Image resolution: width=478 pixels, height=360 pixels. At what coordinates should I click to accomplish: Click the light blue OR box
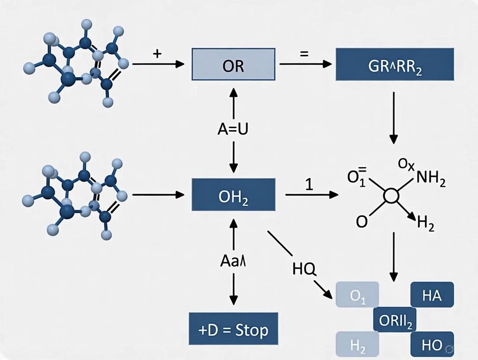[233, 64]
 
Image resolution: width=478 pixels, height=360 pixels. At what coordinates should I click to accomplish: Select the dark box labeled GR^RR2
[395, 64]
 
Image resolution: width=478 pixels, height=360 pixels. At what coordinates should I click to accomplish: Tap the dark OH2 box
[233, 195]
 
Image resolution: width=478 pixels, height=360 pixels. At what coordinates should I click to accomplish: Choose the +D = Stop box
[233, 330]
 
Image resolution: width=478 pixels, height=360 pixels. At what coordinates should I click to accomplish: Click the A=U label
[233, 130]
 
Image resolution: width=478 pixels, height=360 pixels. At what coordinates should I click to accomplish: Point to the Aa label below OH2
[233, 262]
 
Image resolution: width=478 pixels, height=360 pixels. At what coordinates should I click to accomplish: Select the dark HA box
[431, 296]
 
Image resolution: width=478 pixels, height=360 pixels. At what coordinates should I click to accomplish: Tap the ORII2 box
[394, 320]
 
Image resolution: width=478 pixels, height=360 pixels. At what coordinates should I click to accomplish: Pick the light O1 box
[357, 298]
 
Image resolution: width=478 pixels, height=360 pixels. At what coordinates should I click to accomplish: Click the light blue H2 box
[357, 345]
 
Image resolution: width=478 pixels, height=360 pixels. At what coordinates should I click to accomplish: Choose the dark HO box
[432, 345]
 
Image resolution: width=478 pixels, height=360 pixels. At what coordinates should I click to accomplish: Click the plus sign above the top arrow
[157, 54]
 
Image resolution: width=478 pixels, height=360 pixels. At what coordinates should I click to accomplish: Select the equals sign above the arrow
[304, 54]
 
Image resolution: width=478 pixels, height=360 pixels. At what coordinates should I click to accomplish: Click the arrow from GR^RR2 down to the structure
[394, 117]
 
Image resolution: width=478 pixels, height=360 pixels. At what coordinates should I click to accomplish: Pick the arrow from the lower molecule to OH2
[158, 195]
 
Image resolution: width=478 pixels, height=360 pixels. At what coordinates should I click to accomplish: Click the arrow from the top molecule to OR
[158, 64]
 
